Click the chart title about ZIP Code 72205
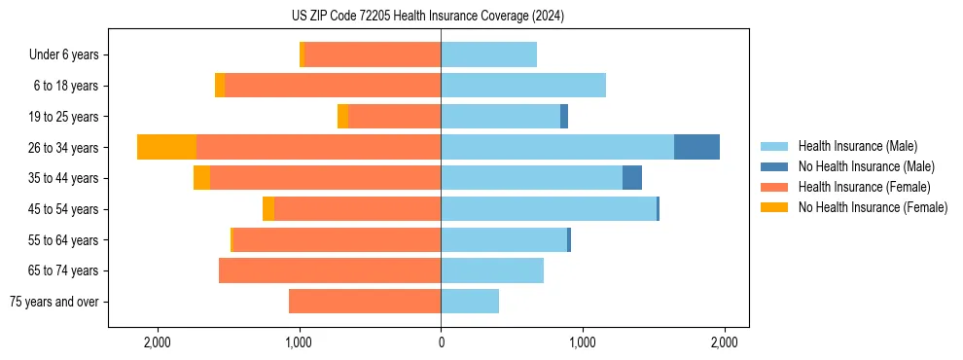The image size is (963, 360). pos(441,17)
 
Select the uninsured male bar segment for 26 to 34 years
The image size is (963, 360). pos(696,147)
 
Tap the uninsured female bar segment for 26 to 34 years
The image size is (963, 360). pos(166,147)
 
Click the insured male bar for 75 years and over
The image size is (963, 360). pos(470,302)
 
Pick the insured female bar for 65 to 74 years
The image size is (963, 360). pos(330,270)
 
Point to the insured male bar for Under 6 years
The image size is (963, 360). pos(488,54)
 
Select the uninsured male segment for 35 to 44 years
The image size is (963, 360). pos(632,178)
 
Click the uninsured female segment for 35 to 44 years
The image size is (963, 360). pos(201,178)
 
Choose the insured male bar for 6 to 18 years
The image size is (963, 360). pos(523,86)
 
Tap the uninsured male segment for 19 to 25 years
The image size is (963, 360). pos(564,117)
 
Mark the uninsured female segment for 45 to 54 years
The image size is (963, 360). pos(268,209)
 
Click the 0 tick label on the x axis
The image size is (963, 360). pos(441,342)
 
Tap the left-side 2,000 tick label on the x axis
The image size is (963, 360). pos(158,342)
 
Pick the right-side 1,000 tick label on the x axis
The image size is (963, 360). pos(582,342)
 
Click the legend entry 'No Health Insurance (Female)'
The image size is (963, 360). pos(873,207)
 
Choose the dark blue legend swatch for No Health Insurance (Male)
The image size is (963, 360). pos(774,166)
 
